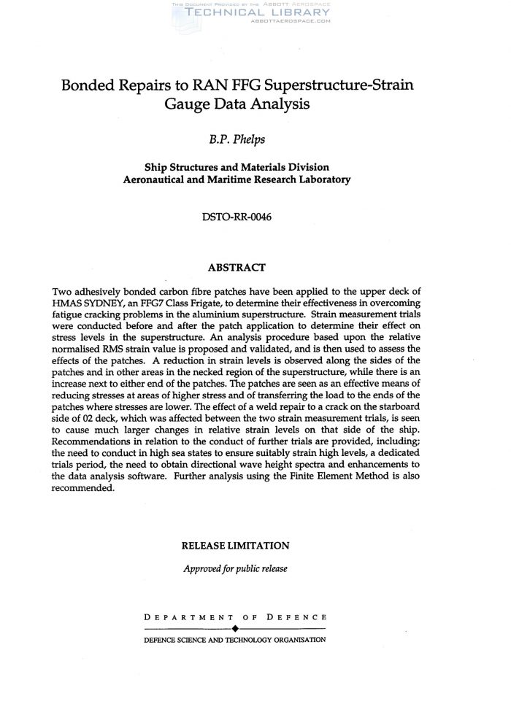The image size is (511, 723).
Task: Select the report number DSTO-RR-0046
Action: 237,217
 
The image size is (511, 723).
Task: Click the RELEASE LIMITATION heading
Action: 235,545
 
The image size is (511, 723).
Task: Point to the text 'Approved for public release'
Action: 235,568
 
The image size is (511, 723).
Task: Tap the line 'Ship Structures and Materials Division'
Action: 237,167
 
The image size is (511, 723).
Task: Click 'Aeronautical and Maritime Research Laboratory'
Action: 237,179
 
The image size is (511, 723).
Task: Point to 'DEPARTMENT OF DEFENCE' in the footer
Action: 235,617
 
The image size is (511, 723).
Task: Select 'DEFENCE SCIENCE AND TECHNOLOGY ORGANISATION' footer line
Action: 235,640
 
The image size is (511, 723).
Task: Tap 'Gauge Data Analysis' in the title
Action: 237,104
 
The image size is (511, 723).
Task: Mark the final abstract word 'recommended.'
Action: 84,489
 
